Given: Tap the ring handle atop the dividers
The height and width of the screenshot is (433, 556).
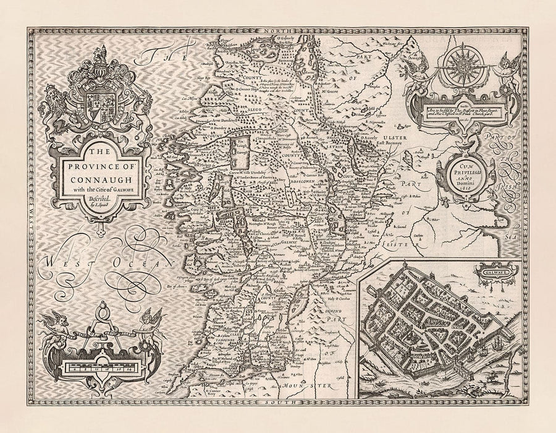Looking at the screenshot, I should click(x=99, y=305).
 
